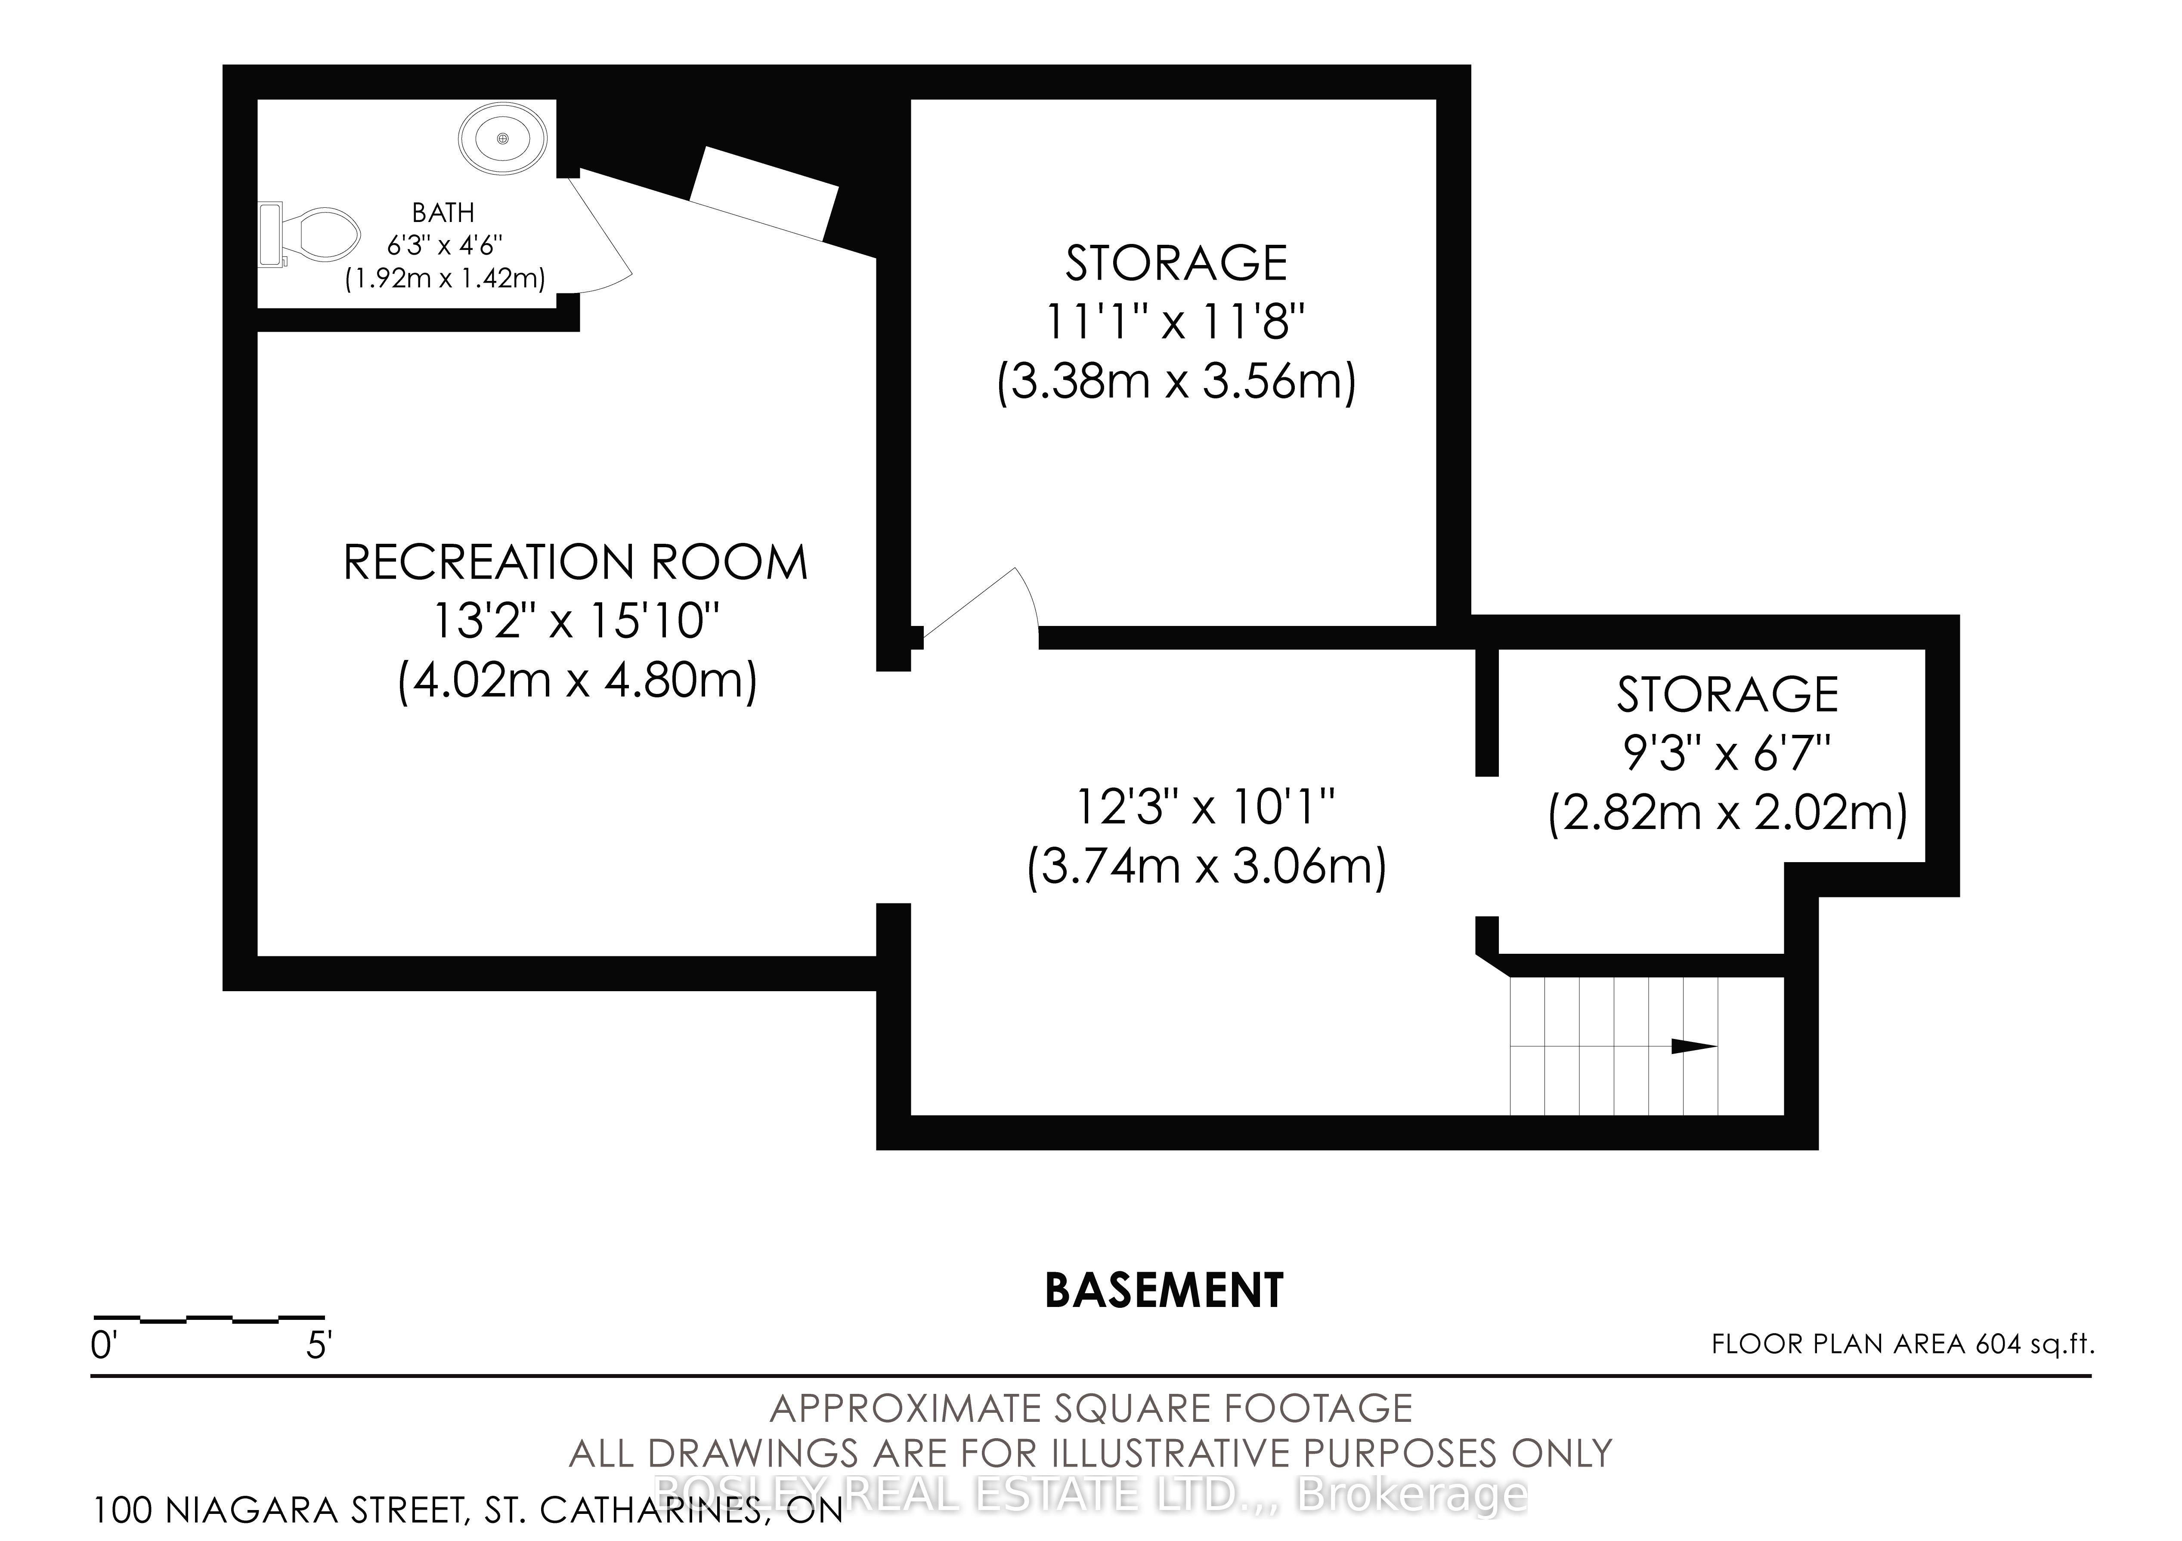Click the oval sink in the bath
point(503,139)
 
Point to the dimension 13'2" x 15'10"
point(576,621)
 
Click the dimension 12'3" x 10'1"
point(1205,807)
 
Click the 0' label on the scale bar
point(102,1346)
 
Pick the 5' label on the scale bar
point(319,1346)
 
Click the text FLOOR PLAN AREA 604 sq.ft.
point(1903,1344)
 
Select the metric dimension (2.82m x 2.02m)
point(1728,813)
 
